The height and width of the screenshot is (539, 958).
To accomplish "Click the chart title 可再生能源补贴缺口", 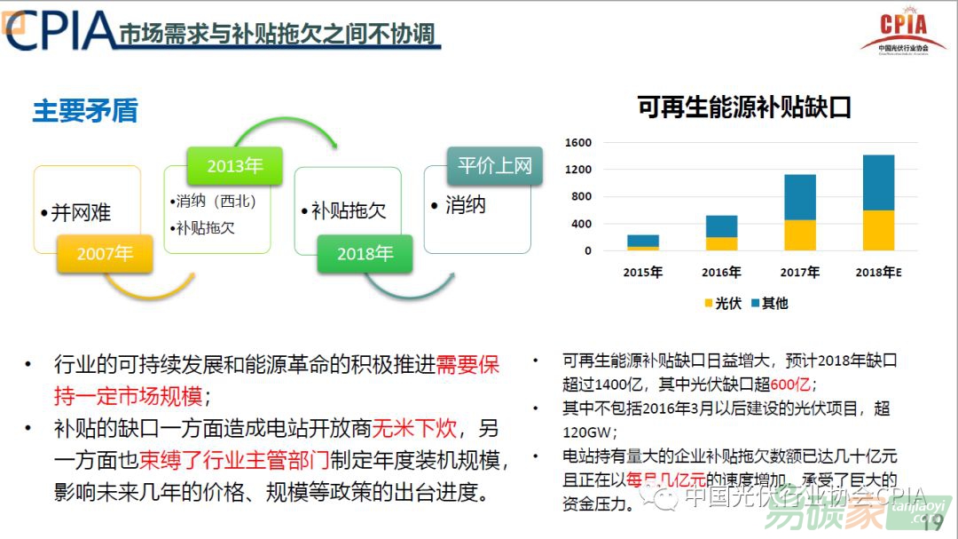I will tap(744, 107).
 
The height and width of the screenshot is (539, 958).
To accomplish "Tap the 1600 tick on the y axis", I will tap(578, 143).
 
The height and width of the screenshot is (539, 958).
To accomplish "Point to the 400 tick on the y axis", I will tap(581, 224).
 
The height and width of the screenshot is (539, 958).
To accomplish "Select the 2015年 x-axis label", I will tap(643, 272).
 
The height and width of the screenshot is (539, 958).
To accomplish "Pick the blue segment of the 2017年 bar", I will tap(799, 197).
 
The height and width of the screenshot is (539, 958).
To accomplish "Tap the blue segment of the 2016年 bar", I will tap(721, 226).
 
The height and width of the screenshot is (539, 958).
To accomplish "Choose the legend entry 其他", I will tap(768, 303).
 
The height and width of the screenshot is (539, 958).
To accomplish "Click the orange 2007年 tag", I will tap(105, 254).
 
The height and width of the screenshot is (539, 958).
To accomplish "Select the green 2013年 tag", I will tap(234, 166).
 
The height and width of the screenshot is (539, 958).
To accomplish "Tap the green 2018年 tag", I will tap(365, 254).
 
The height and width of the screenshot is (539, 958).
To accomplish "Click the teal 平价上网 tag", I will tap(494, 166).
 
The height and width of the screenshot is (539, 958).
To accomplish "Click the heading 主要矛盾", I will tap(85, 111).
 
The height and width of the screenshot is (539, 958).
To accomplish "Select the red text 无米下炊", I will tap(414, 429).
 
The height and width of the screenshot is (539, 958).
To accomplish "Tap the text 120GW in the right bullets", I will tap(587, 432).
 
